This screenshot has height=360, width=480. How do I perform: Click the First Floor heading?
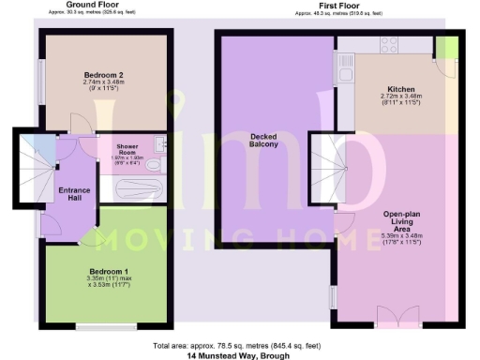coord(338,5)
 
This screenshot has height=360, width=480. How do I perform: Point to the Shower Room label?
coord(127,150)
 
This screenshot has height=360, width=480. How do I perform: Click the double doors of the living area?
coord(393,315)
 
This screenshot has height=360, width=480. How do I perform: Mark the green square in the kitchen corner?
coord(449,46)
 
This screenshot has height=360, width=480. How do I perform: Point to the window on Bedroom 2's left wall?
coord(41,75)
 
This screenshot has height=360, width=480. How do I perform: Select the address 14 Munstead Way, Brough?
coord(239,356)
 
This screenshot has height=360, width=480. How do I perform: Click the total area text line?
coord(239,347)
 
